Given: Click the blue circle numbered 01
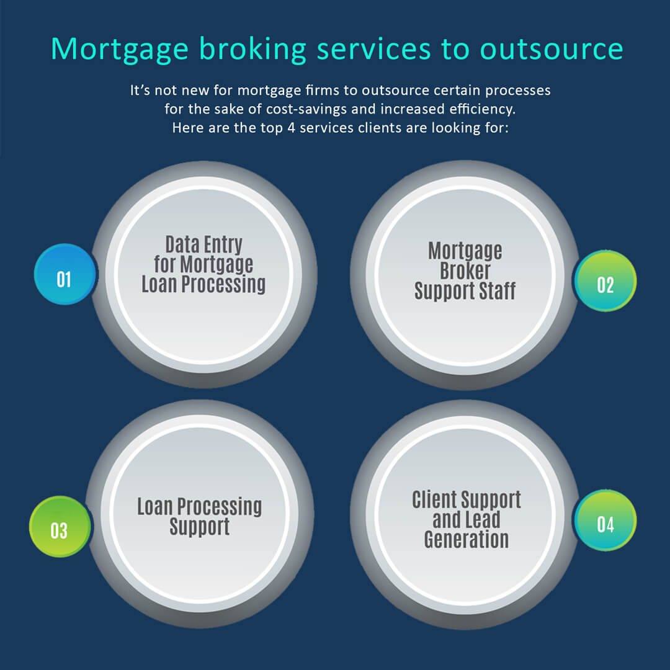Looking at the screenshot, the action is click(x=65, y=274).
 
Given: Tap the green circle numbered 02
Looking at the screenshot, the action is click(x=605, y=281).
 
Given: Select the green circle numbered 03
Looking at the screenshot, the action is click(x=60, y=527).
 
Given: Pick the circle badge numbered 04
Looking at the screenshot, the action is click(x=605, y=520).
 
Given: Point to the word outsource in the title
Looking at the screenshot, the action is click(x=552, y=49).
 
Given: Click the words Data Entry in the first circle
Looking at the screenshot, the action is click(x=204, y=245).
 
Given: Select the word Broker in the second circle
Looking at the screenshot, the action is click(x=465, y=270).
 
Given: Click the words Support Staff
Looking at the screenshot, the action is click(x=465, y=291).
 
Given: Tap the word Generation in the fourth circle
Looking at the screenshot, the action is click(x=466, y=539).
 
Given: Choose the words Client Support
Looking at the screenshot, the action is click(x=466, y=499).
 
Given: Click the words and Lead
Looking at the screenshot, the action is click(x=466, y=520).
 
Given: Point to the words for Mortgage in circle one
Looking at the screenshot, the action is click(x=204, y=264).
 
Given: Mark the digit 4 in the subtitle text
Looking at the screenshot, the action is click(x=291, y=128).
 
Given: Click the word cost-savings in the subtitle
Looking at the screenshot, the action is click(x=306, y=109).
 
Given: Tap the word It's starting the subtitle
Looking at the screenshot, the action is click(x=140, y=91).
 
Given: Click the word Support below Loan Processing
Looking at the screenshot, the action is click(x=200, y=527).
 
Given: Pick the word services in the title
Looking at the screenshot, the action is click(x=373, y=49).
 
